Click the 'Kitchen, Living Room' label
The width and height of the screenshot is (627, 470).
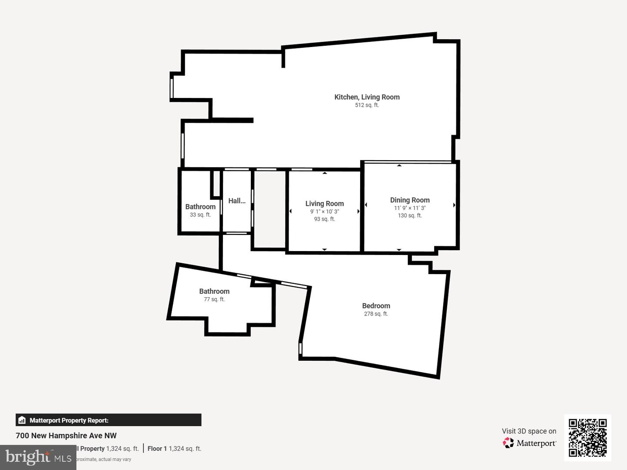(x=367, y=97)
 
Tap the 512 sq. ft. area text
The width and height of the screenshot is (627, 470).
(x=367, y=105)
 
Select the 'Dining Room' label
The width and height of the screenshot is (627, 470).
(x=410, y=200)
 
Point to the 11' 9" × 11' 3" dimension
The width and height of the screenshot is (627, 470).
(x=410, y=208)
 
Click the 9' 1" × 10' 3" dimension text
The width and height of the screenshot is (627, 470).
(x=324, y=211)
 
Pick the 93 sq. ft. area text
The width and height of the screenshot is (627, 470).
(x=324, y=219)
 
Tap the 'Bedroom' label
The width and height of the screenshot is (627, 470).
(x=376, y=306)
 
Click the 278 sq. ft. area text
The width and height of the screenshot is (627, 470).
(x=376, y=314)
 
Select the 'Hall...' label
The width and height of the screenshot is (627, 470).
(x=237, y=201)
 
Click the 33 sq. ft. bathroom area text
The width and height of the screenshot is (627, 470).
(x=200, y=215)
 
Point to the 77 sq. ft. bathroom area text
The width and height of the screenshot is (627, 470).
(x=214, y=299)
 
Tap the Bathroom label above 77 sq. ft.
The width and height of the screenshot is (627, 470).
(x=214, y=292)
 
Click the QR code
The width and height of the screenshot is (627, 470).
(x=587, y=437)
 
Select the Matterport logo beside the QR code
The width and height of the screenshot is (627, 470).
(x=530, y=443)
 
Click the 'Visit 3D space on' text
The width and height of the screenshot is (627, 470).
(x=529, y=431)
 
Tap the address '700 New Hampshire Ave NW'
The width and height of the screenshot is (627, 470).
(x=66, y=436)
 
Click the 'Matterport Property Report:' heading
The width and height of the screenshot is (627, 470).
(x=69, y=420)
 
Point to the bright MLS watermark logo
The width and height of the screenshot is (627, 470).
(x=38, y=457)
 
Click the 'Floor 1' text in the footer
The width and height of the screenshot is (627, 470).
(x=157, y=449)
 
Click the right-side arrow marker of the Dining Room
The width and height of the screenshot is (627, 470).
(x=454, y=205)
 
